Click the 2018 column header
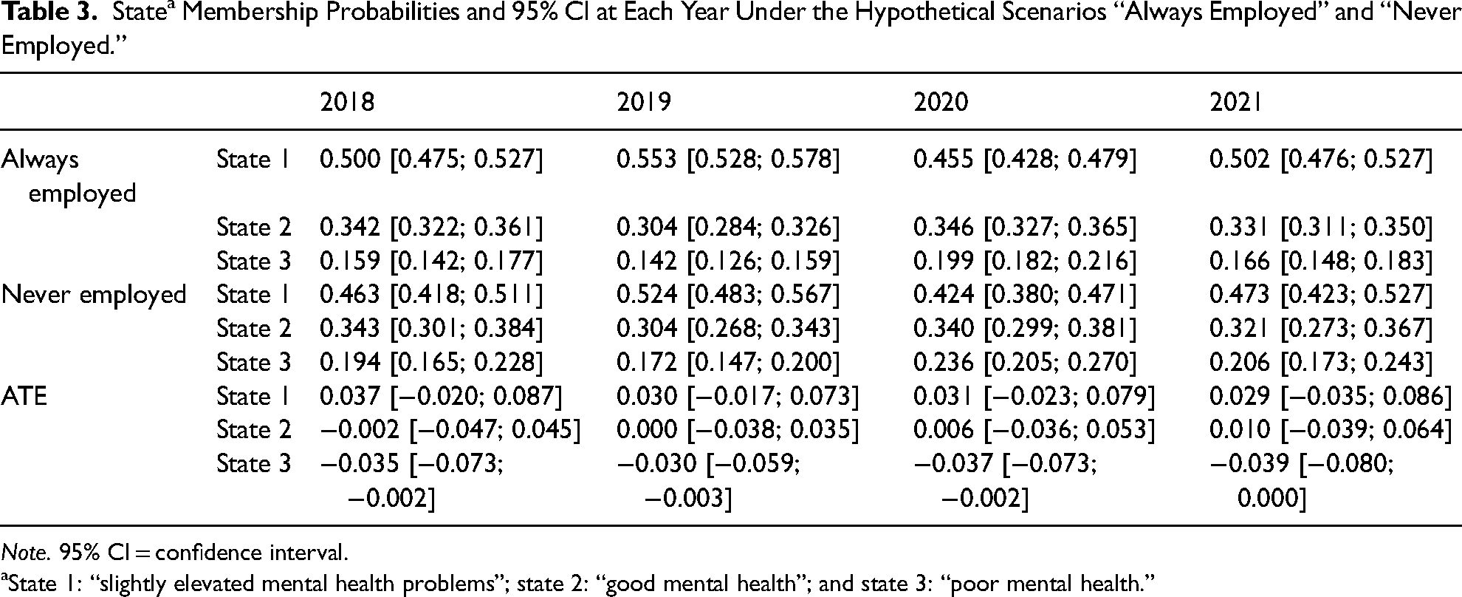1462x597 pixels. click(347, 101)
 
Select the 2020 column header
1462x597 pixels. click(941, 101)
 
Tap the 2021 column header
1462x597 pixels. click(1235, 101)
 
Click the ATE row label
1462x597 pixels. click(24, 396)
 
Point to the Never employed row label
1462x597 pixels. click(94, 295)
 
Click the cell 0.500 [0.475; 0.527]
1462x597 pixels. click(431, 160)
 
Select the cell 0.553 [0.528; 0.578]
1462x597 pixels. click(728, 160)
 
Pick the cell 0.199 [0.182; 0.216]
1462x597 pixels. click(1025, 261)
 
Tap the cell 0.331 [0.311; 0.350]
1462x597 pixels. click(1321, 227)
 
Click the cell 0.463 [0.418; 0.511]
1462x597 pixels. click(431, 295)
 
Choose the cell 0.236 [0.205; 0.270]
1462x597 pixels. click(1025, 362)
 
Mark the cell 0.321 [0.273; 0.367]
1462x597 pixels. click(1321, 329)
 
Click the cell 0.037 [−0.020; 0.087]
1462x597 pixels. click(441, 396)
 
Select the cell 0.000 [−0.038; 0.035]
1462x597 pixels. click(738, 430)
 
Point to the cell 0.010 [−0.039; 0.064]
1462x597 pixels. click(1331, 430)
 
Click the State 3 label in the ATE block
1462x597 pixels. click(253, 464)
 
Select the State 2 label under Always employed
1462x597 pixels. click(253, 227)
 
